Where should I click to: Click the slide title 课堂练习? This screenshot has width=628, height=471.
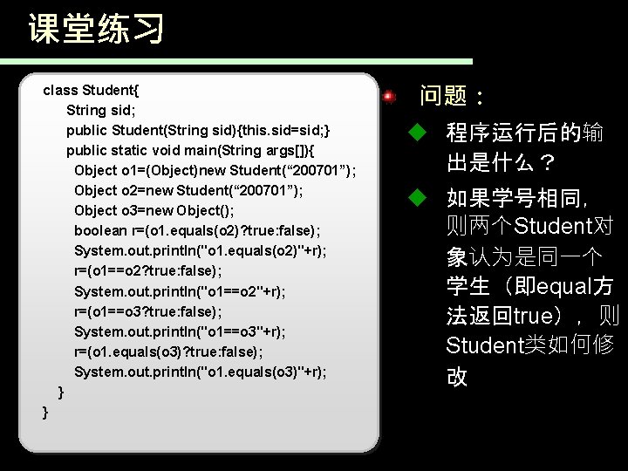96,29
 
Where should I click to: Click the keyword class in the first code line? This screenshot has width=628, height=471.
59,90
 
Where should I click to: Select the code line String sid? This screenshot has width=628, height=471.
101,110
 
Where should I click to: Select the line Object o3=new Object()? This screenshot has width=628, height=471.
154,210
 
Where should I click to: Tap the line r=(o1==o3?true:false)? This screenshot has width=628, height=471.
147,311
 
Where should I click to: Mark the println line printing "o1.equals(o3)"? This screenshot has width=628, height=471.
201,372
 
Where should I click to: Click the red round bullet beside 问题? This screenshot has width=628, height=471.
390,95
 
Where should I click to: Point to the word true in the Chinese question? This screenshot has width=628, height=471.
536,316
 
